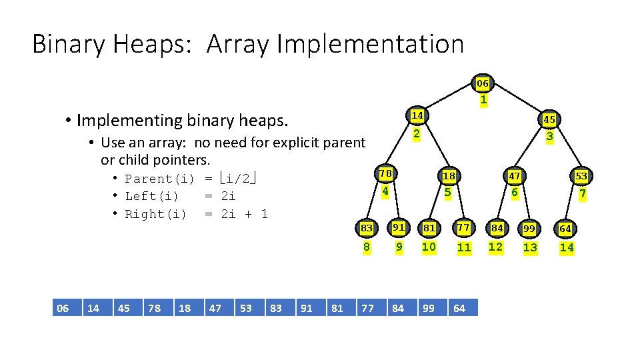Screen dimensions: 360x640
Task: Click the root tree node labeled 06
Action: click(483, 83)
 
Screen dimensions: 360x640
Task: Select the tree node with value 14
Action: click(417, 115)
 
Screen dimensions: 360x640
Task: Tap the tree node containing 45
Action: click(549, 119)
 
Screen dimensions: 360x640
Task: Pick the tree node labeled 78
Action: click(385, 173)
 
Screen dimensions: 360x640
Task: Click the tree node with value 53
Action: click(581, 176)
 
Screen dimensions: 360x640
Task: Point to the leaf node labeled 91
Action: click(399, 227)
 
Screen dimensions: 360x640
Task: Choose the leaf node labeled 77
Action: click(463, 227)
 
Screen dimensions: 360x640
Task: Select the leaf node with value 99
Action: click(529, 229)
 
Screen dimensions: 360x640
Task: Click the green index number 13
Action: click(530, 247)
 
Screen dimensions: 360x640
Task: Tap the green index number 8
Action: click(367, 247)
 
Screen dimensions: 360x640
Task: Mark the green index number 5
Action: click(448, 193)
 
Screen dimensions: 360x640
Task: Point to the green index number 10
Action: click(429, 247)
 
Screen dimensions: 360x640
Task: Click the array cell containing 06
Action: click(63, 308)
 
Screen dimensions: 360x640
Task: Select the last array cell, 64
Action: click(459, 308)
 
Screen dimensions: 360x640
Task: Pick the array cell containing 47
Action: click(215, 308)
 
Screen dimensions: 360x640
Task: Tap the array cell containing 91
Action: click(307, 308)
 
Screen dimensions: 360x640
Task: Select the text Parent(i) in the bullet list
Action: click(160, 179)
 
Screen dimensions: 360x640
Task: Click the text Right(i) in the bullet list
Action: click(156, 214)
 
